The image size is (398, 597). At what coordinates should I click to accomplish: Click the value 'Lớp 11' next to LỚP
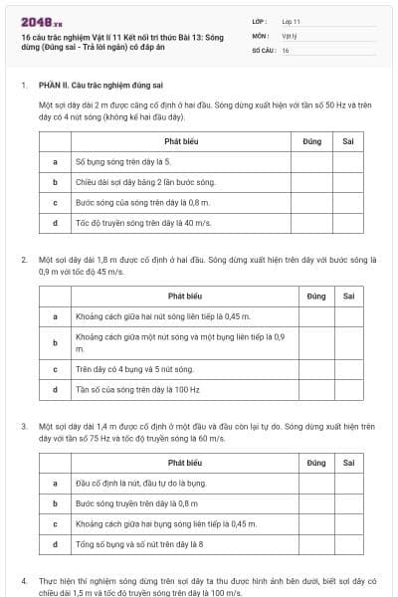pyautogui.click(x=292, y=20)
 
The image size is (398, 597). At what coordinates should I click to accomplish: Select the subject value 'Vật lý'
pyautogui.click(x=289, y=35)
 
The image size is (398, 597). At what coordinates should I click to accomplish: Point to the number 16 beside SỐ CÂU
pyautogui.click(x=286, y=49)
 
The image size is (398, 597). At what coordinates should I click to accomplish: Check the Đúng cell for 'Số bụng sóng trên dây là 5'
pyautogui.click(x=305, y=160)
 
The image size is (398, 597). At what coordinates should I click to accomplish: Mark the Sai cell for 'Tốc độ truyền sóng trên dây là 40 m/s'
pyautogui.click(x=348, y=223)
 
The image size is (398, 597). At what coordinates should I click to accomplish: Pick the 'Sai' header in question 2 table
pyautogui.click(x=348, y=296)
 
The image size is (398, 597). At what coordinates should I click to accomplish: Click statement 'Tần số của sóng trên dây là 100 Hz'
pyautogui.click(x=124, y=389)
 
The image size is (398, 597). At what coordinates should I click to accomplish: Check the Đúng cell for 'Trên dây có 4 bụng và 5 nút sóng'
pyautogui.click(x=316, y=368)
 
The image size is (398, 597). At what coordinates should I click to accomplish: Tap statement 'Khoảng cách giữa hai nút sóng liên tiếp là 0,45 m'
pyautogui.click(x=149, y=316)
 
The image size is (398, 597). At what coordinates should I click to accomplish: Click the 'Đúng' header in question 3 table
pyautogui.click(x=316, y=463)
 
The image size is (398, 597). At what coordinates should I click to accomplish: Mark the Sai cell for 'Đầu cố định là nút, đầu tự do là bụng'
pyautogui.click(x=348, y=483)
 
